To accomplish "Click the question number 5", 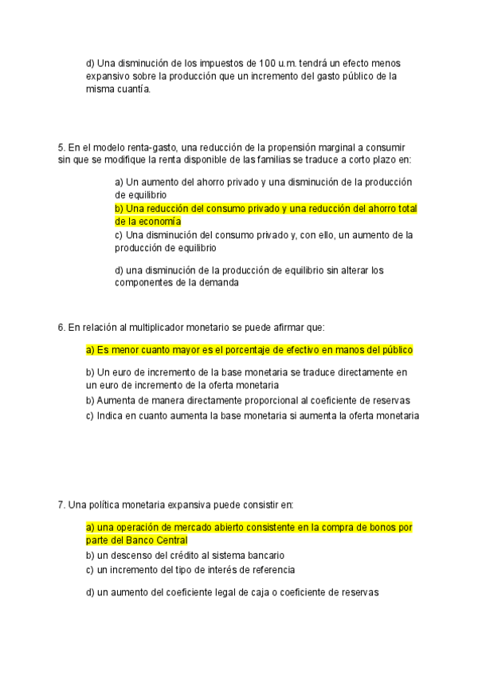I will tap(61, 147).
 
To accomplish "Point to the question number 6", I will tap(61, 327).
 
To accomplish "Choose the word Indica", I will tap(109, 415).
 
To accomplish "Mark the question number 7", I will tap(61, 505).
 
